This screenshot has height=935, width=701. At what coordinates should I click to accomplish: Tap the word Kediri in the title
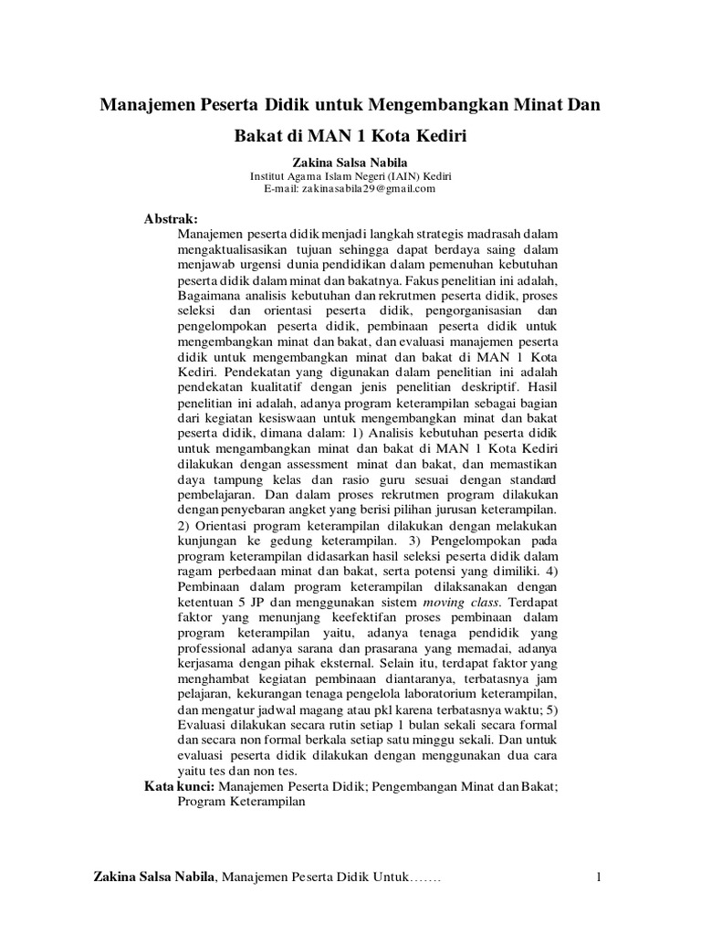click(437, 138)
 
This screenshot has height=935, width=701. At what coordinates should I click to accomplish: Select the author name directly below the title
click(350, 162)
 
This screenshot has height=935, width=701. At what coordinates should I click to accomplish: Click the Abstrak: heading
click(171, 221)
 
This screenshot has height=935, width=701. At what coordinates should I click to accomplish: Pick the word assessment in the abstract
click(318, 463)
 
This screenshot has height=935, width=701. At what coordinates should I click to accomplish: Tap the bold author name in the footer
click(153, 878)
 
